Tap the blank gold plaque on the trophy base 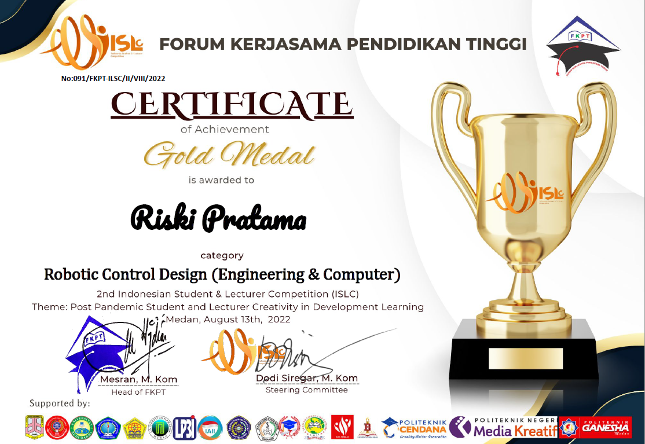click(525, 358)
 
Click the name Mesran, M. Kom click(139, 380)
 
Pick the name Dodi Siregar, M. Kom click(307, 378)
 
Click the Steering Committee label click(307, 390)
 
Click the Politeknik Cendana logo click(414, 427)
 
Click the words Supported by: click(60, 403)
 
